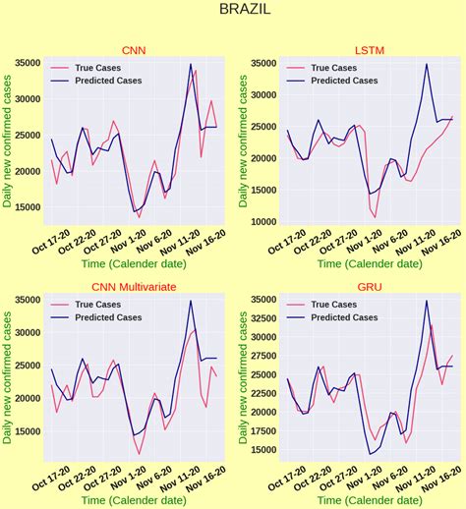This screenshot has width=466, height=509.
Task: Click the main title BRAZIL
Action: pos(233,11)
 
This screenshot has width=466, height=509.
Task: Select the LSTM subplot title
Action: pos(370,50)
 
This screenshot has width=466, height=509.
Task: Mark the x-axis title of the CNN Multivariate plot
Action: pos(134,500)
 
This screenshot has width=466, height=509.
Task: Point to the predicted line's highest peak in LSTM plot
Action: pos(426,65)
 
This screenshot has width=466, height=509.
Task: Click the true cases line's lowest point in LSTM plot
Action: pos(375,217)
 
